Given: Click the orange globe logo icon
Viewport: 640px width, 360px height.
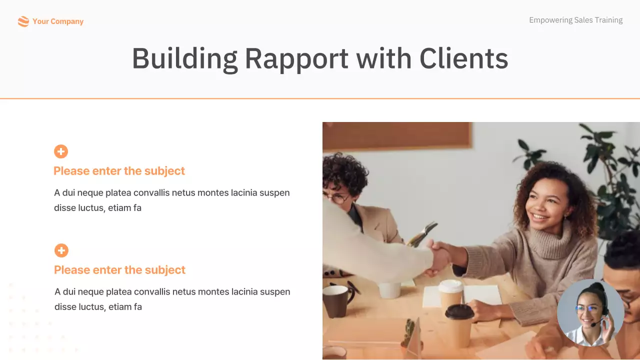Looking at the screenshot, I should click(x=23, y=21).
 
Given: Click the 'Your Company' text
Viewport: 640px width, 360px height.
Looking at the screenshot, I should click(x=58, y=21).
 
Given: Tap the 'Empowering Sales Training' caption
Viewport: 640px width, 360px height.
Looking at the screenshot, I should click(x=575, y=20).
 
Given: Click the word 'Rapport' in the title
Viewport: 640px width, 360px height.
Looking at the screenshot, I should click(x=296, y=58).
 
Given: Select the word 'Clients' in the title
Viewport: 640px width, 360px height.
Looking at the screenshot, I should click(x=463, y=58).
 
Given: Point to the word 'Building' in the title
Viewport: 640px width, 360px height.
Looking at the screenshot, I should click(x=184, y=58).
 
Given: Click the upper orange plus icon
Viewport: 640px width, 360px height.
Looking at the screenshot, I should click(x=61, y=151).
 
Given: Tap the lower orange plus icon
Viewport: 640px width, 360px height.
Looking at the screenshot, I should click(x=61, y=250).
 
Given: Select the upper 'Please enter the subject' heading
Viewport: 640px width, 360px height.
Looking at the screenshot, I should click(x=119, y=171).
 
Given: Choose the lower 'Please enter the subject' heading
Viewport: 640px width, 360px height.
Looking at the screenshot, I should click(x=119, y=270).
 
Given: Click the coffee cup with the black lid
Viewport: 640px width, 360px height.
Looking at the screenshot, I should click(x=459, y=325).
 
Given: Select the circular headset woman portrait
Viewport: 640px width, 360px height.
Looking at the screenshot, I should click(x=590, y=313).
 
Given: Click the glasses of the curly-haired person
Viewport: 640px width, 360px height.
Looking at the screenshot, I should click(x=338, y=198).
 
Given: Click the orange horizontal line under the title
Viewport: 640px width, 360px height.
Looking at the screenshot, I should click(x=320, y=98).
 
